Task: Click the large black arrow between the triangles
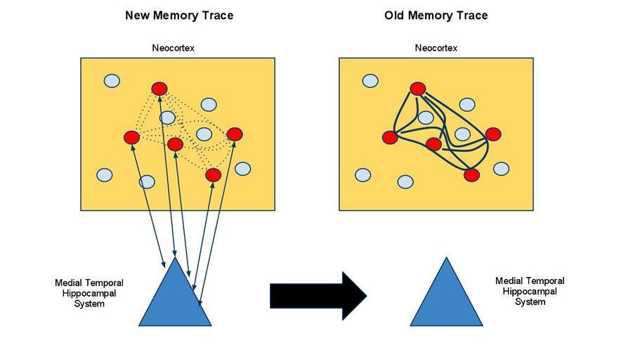point(316,295)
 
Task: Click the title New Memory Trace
point(179,15)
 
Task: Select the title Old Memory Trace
point(436,15)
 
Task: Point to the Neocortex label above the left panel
point(173,49)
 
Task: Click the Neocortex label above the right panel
point(436,49)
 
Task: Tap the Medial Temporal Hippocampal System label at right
point(530,291)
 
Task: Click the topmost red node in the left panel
point(159,89)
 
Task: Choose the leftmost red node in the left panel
point(131,137)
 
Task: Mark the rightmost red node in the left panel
point(235,134)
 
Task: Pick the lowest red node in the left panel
point(214,175)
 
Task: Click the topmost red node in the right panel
point(418,89)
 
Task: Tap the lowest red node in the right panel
point(471,175)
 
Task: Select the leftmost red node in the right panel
point(390,137)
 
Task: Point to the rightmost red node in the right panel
point(493,134)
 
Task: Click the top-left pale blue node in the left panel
point(112,81)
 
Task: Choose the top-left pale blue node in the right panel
point(370,81)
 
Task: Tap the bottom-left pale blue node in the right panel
point(363,175)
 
